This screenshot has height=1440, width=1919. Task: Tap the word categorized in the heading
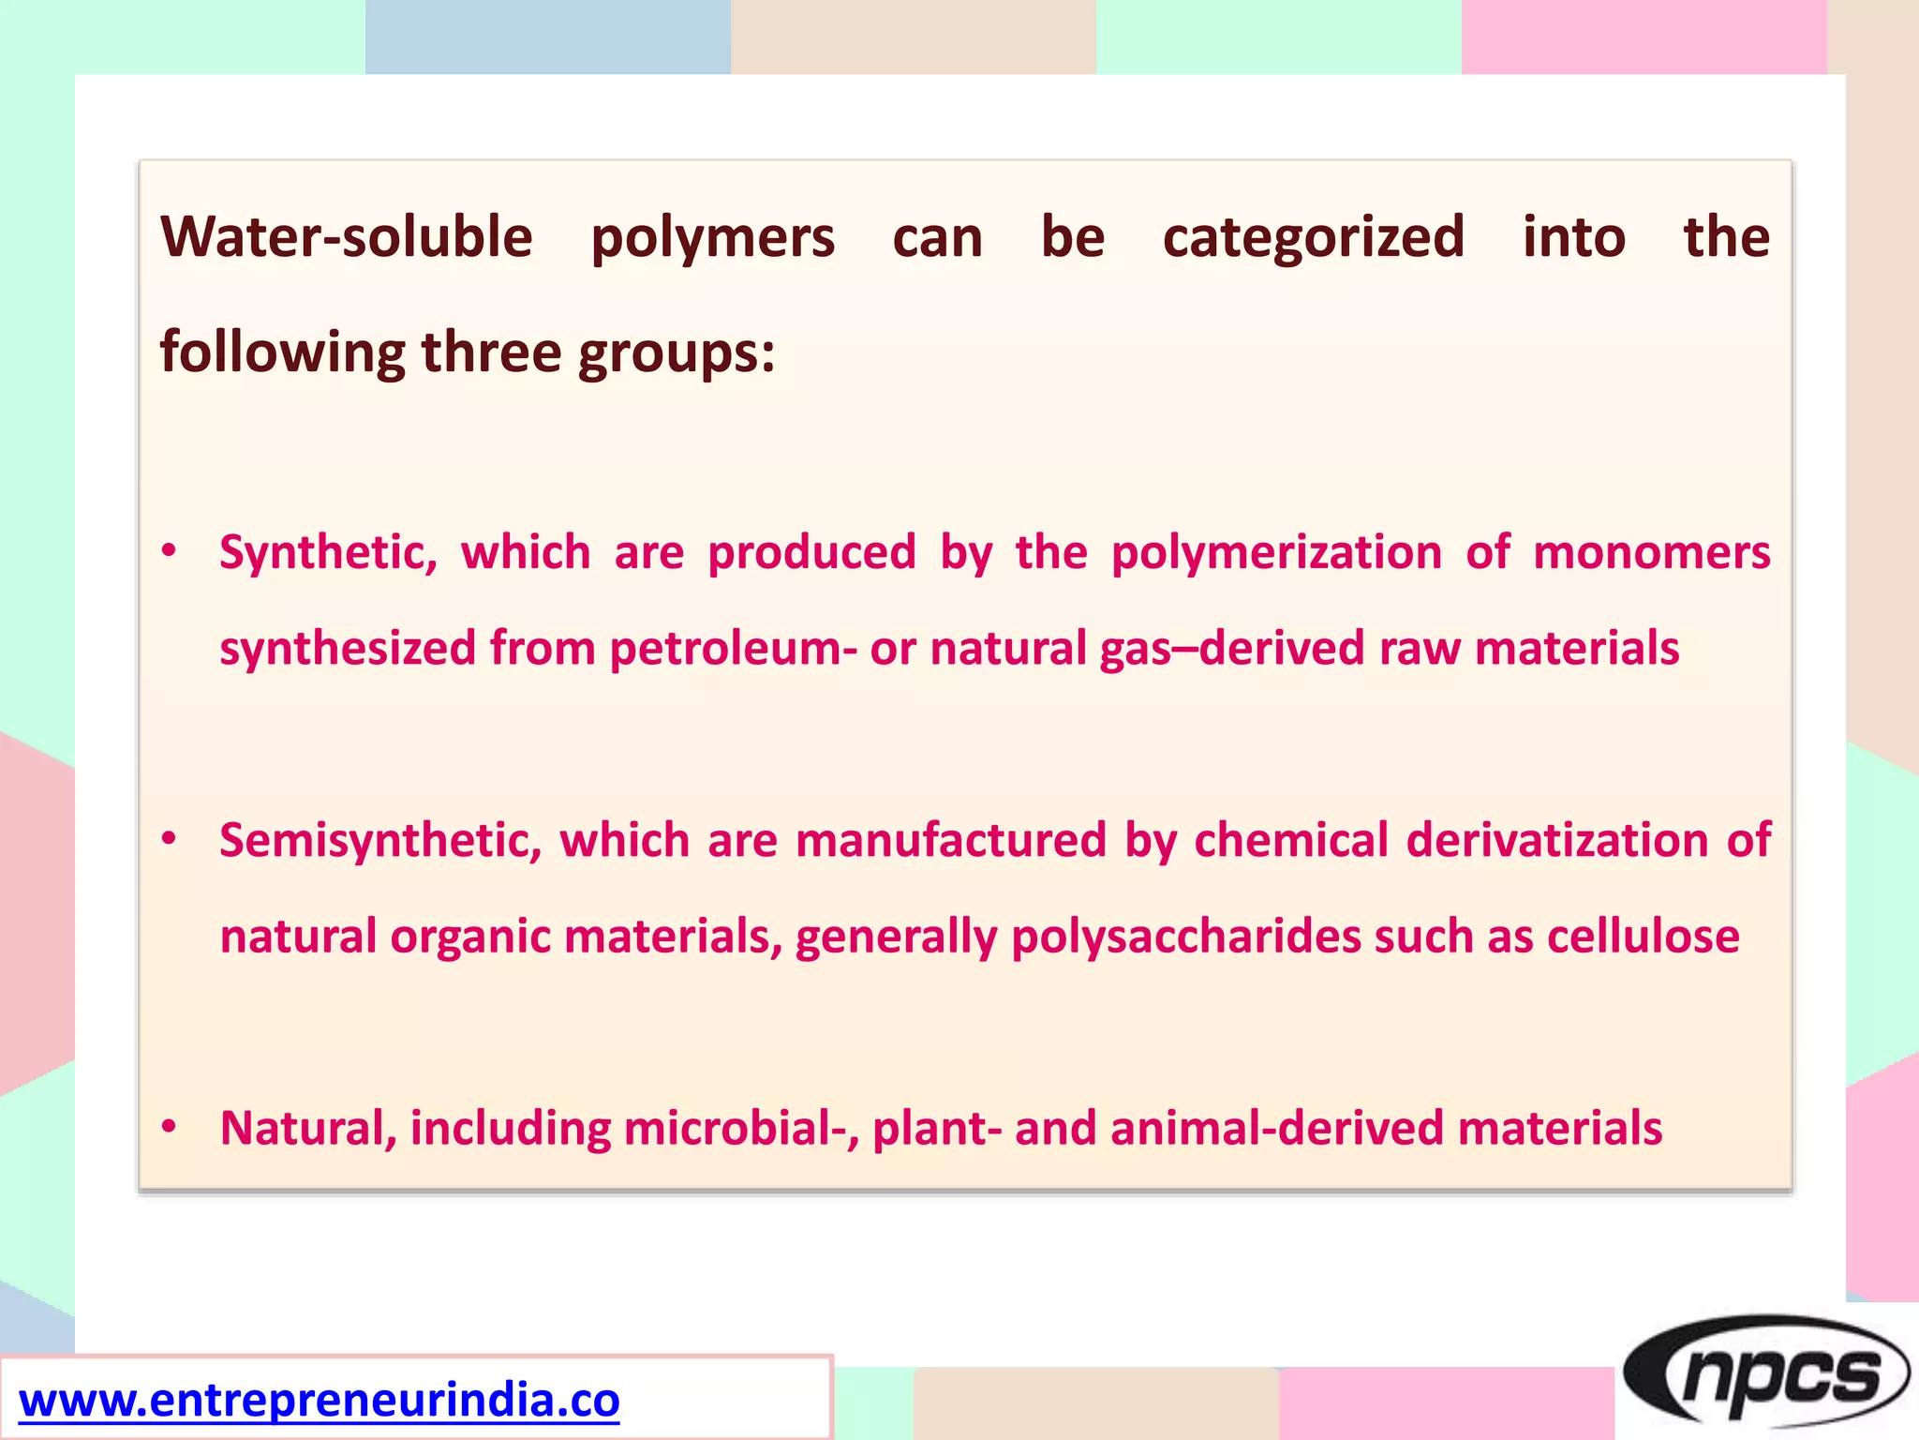pyautogui.click(x=1313, y=238)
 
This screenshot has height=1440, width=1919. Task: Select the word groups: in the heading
pyautogui.click(x=676, y=354)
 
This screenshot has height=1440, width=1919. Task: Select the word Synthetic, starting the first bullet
pyautogui.click(x=328, y=553)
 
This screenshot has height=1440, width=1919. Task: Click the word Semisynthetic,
pyautogui.click(x=380, y=841)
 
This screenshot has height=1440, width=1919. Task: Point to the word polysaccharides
pyautogui.click(x=1185, y=937)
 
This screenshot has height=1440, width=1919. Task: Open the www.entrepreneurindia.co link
pyautogui.click(x=319, y=1401)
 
